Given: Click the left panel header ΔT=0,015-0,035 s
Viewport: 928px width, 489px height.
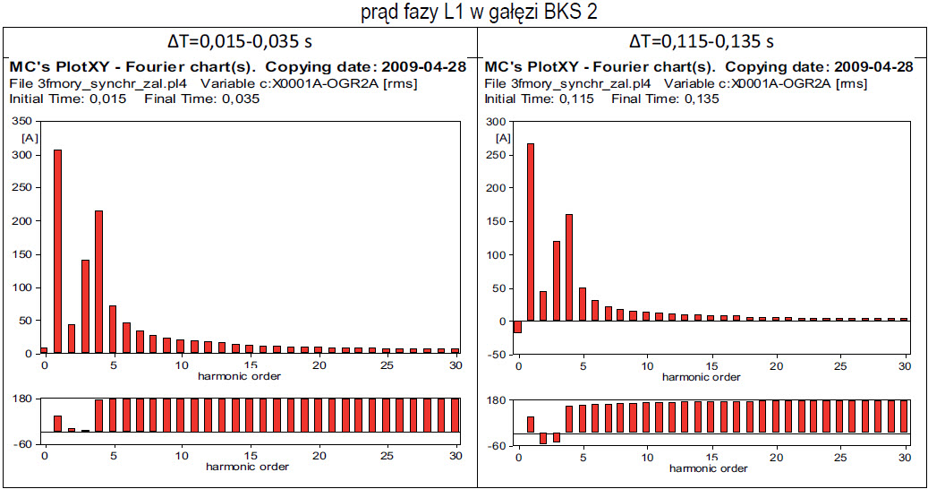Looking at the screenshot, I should (x=239, y=41).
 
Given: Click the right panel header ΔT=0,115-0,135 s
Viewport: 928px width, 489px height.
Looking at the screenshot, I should (x=702, y=41).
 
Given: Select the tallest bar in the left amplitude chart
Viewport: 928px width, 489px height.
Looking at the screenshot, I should (x=58, y=251).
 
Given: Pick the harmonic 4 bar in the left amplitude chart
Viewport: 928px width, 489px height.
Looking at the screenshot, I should (x=99, y=282).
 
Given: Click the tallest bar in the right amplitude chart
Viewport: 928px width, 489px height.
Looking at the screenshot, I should (x=531, y=232).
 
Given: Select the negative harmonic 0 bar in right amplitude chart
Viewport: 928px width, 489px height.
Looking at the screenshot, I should (x=517, y=327).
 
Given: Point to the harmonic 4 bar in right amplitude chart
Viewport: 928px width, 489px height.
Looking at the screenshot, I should (x=569, y=268).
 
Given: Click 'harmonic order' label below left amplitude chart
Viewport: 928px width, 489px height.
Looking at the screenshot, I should (x=240, y=376).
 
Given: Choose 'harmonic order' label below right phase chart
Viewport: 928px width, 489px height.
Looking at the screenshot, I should (x=709, y=468).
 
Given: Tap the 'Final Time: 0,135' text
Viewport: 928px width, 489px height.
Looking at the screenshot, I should (x=665, y=99).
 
